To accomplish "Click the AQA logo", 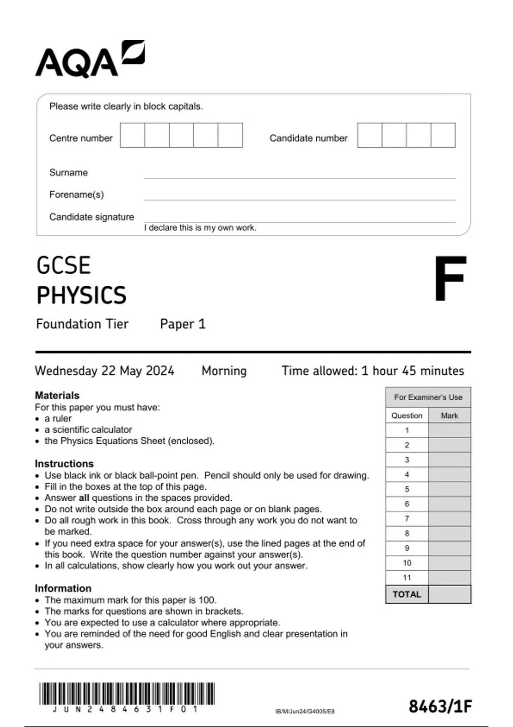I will click(90, 60).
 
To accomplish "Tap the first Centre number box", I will click(132, 135).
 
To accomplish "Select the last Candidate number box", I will click(443, 135).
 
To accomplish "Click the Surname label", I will click(68, 172).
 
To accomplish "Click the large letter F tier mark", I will click(449, 278).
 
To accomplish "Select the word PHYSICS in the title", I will click(81, 295).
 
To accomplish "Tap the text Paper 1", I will click(183, 324).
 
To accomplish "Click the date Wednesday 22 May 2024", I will click(104, 370).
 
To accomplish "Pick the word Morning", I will click(224, 370).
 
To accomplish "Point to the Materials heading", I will click(57, 395).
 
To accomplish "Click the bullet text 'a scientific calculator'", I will click(88, 429).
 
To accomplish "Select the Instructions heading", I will click(64, 464).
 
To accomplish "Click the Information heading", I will click(63, 588).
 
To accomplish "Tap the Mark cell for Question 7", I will click(449, 519).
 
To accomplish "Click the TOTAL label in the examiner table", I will click(407, 594).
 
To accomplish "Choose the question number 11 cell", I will click(407, 578).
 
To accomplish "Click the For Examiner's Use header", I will click(428, 397).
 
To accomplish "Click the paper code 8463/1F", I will click(440, 706).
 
